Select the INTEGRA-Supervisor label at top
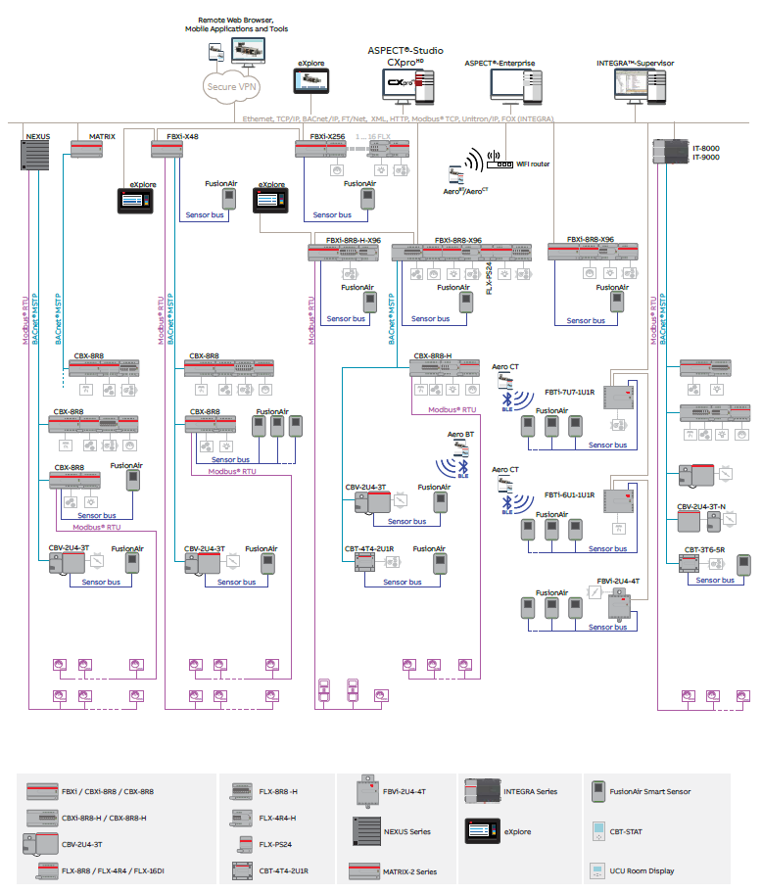pyautogui.click(x=635, y=63)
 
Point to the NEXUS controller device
pyautogui.click(x=35, y=155)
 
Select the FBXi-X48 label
pyautogui.click(x=183, y=136)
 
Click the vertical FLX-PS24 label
pyautogui.click(x=489, y=274)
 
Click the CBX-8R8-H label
pyautogui.click(x=433, y=356)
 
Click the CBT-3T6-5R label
pyautogui.click(x=704, y=549)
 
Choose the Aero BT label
pyautogui.click(x=461, y=433)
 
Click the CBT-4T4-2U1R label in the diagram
pyautogui.click(x=369, y=549)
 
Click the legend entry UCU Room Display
pyautogui.click(x=642, y=870)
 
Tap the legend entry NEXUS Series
pyautogui.click(x=406, y=831)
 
